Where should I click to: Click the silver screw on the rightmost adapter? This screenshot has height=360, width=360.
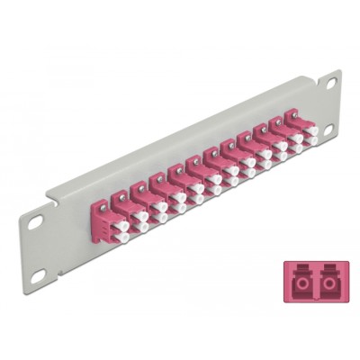pyautogui.click(x=291, y=113)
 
